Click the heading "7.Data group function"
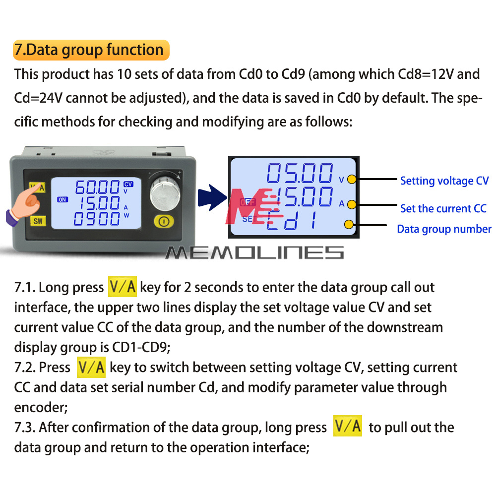[x=91, y=50]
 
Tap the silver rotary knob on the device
[x=165, y=193]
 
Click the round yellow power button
[x=164, y=221]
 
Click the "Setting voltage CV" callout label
[x=444, y=181]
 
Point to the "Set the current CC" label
[x=443, y=208]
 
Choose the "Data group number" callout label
[x=444, y=229]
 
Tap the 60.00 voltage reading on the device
[x=97, y=187]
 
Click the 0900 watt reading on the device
[x=97, y=219]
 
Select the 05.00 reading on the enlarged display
[x=300, y=173]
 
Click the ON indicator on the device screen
[x=62, y=199]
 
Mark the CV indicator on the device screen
[x=128, y=184]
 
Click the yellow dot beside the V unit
[x=352, y=180]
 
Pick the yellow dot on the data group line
[x=349, y=224]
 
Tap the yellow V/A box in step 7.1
[x=123, y=287]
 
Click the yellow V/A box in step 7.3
[x=348, y=426]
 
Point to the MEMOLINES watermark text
[x=254, y=253]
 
